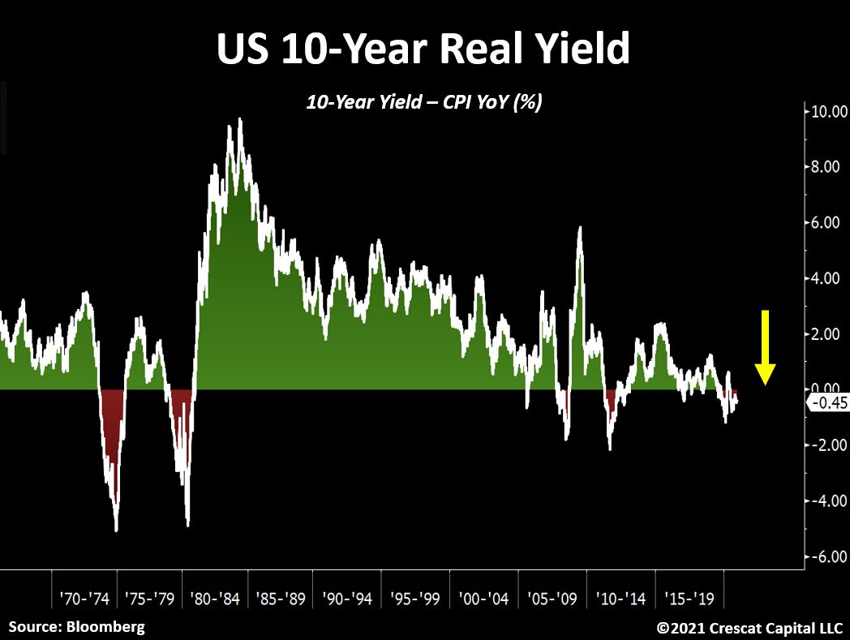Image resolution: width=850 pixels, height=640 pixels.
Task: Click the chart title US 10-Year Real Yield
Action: (x=423, y=50)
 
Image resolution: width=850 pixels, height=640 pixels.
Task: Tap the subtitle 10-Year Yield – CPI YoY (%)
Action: (x=423, y=102)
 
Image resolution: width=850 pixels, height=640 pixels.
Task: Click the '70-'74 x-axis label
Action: (x=84, y=599)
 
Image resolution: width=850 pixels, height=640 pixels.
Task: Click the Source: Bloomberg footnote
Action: (x=78, y=626)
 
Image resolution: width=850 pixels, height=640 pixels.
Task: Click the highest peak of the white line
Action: (x=239, y=119)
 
